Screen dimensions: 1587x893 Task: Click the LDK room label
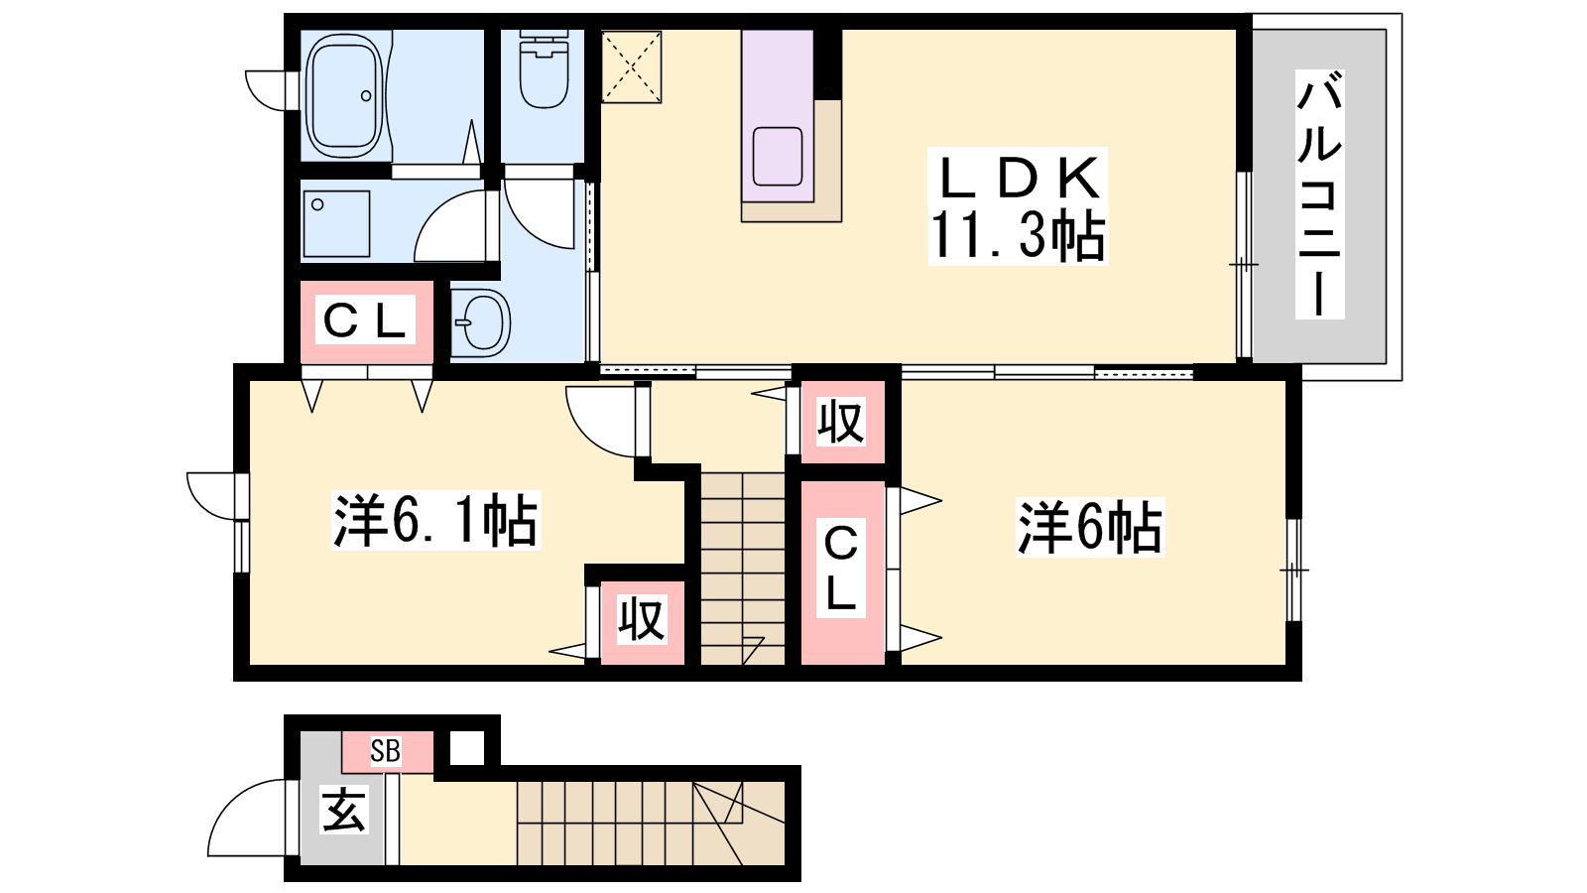coord(1019,179)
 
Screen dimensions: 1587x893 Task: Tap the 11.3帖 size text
coord(1018,236)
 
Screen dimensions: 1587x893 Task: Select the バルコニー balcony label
coord(1319,193)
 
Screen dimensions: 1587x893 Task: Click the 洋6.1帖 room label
coord(435,521)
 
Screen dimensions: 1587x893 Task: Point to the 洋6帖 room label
coord(1090,528)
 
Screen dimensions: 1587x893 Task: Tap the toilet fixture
coord(544,69)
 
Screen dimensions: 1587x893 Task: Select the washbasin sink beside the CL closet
coord(481,322)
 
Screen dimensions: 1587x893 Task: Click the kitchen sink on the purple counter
coord(778,157)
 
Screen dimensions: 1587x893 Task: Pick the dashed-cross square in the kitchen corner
coord(631,66)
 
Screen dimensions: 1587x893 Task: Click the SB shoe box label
coord(386,750)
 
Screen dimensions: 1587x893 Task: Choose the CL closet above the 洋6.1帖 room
coord(366,322)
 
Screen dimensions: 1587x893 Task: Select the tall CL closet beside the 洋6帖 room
coord(842,573)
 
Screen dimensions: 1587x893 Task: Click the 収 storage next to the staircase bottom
coord(641,621)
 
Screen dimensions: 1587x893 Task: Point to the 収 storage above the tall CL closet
coord(842,423)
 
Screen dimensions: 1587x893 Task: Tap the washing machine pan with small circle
coord(337,224)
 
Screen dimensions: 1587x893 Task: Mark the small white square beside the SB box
coord(467,748)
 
